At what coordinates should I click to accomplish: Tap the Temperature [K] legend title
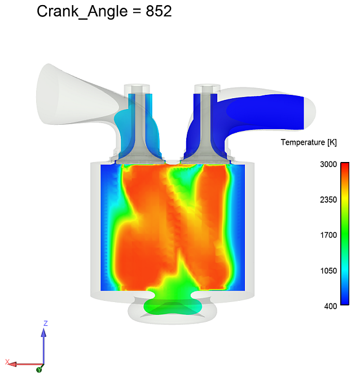(x=309, y=143)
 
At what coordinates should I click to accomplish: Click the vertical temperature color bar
(x=345, y=234)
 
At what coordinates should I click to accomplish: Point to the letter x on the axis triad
(x=7, y=361)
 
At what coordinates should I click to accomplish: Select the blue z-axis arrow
(x=44, y=344)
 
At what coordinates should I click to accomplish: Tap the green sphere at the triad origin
(x=39, y=369)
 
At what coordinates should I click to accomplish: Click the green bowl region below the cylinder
(x=172, y=305)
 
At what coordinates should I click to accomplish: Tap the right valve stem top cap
(x=207, y=89)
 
